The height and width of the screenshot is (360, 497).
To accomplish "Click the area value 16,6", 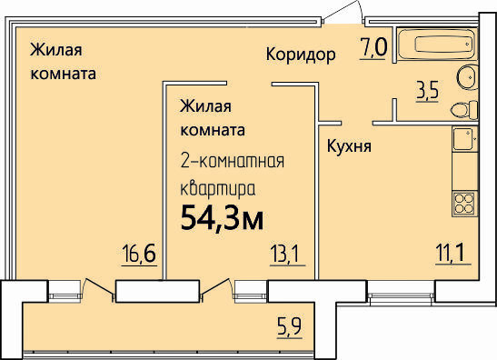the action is pos(139,254).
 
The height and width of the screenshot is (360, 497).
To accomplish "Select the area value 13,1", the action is pos(284,254).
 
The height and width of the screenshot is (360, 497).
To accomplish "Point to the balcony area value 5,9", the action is pos(290,326).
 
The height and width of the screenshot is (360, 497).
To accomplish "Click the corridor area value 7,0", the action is pos(373,47).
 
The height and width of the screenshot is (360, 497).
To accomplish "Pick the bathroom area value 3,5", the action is pos(428,90).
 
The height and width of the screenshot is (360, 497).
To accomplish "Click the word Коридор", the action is pos(301,55).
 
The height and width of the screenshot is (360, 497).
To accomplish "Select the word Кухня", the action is pos(349,147).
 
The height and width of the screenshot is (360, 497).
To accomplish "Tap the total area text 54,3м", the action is pos(222,216).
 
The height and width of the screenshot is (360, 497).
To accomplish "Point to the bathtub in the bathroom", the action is pos(437,44).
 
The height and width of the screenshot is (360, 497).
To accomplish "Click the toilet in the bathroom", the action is pos(464,110).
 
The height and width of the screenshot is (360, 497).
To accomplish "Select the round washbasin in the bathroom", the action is pos(468,76).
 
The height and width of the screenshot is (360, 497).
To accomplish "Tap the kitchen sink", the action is pos(465,139).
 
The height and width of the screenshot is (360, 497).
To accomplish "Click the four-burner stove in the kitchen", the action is pos(464,204).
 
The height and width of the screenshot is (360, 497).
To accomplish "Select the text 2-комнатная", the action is pos(233,161).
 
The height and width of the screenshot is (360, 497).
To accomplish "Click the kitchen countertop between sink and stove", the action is pos(464,171).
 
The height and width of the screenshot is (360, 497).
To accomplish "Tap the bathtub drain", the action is pos(468,44).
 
